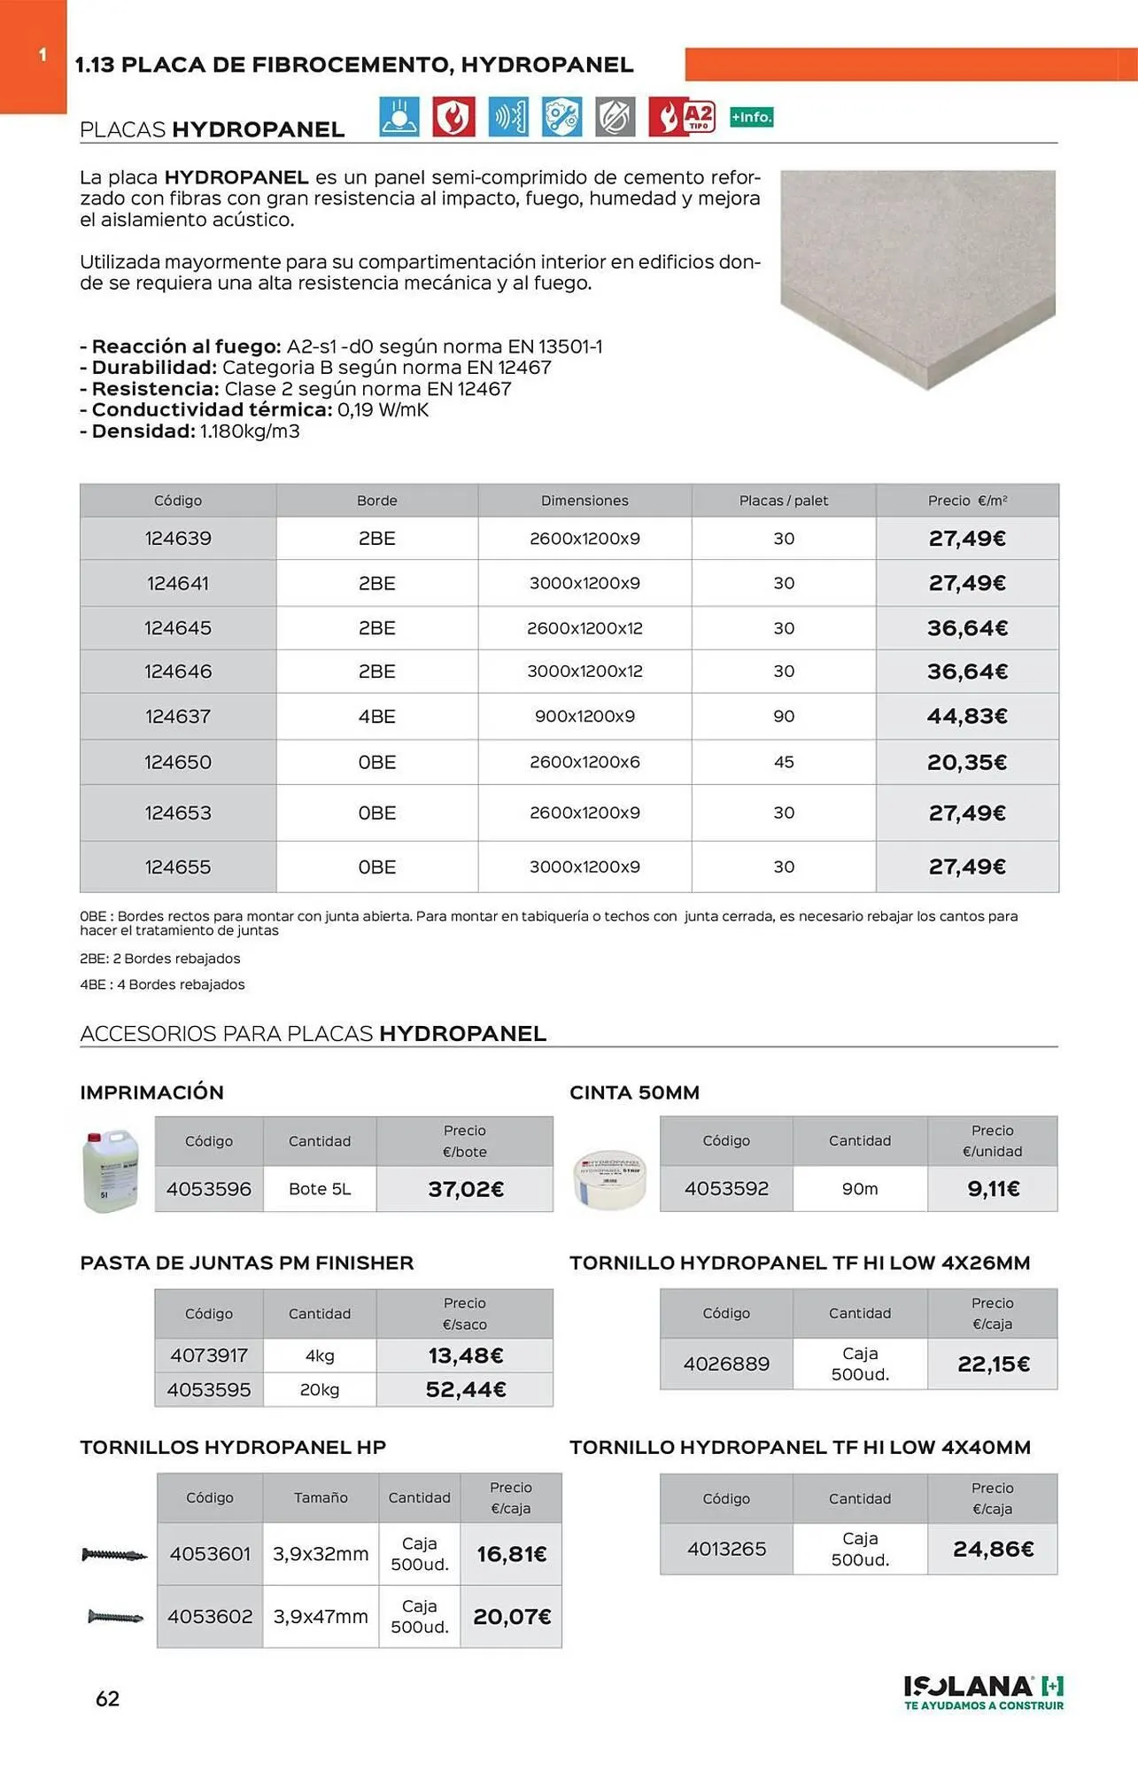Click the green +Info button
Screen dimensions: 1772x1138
tap(751, 117)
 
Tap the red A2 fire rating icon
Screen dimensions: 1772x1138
tap(681, 116)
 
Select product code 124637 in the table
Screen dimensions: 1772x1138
tap(178, 716)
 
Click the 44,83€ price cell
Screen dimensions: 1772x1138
tap(967, 716)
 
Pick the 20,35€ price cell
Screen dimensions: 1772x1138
tap(967, 762)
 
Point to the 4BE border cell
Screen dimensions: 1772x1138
tap(377, 716)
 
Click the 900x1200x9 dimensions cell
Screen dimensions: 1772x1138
tap(584, 716)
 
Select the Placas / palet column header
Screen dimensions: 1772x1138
tap(784, 501)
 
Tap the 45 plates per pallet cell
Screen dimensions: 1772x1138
tap(784, 762)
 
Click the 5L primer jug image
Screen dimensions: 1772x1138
tap(111, 1170)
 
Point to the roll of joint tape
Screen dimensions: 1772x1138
tap(609, 1179)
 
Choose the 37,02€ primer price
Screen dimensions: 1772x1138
tap(466, 1189)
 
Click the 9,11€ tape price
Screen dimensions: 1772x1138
tap(993, 1189)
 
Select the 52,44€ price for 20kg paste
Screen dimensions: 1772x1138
tap(466, 1389)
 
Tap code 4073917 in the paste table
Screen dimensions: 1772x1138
tap(209, 1356)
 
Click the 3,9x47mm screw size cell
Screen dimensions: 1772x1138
tap(321, 1616)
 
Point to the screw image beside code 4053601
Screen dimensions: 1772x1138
tap(114, 1554)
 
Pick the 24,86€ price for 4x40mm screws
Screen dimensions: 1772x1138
tap(993, 1549)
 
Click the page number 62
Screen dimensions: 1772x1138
tap(107, 1698)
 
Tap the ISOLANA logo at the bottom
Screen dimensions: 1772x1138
tap(983, 1691)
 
